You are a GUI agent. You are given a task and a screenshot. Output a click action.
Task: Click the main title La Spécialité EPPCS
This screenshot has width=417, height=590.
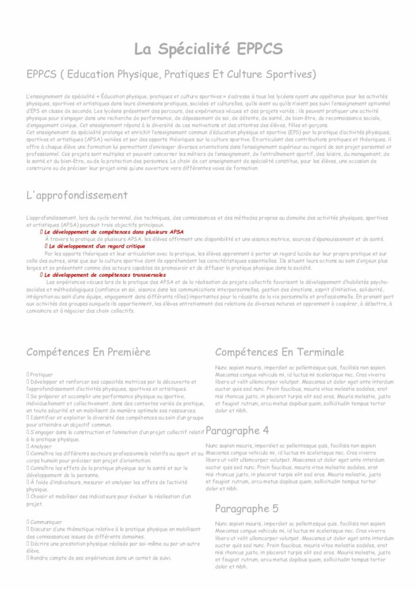tap(208, 49)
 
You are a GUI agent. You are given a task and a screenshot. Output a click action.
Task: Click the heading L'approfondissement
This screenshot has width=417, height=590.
tap(77, 195)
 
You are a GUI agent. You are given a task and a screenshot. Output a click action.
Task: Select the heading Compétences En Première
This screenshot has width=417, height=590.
tap(88, 351)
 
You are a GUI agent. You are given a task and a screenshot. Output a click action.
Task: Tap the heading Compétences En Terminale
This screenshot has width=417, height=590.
tap(279, 351)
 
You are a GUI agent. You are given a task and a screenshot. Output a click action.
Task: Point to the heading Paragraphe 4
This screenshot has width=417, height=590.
tap(237, 430)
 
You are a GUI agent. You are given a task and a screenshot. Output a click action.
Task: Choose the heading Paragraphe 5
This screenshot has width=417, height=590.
tap(247, 508)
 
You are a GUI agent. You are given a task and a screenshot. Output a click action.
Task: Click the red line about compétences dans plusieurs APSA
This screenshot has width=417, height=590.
tap(114, 232)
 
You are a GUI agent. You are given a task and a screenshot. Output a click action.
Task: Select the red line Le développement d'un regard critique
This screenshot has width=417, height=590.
tap(95, 246)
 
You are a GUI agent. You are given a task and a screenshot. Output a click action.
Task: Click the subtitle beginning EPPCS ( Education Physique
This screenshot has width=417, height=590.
tap(171, 74)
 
